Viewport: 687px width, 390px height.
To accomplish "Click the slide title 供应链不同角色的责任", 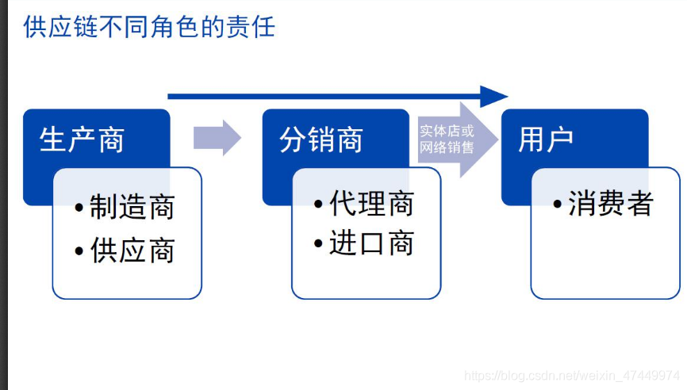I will [149, 27].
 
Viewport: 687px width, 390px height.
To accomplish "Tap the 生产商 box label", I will [82, 140].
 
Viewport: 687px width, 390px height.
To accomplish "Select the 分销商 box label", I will [321, 140].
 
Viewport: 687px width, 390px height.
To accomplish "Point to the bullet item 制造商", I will [132, 208].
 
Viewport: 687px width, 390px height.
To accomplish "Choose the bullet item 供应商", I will [132, 251].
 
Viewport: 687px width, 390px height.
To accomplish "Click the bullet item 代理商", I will [371, 204].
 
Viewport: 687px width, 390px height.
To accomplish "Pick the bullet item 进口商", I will [371, 244].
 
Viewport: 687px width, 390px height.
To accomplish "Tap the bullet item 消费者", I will [610, 204].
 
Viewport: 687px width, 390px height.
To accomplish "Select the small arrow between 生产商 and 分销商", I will [217, 138].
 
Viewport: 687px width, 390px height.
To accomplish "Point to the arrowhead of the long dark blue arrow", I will [494, 97].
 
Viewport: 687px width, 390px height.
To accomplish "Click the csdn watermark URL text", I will [571, 374].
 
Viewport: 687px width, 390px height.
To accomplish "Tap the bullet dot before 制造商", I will [79, 208].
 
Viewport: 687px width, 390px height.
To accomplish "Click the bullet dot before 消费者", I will [558, 205].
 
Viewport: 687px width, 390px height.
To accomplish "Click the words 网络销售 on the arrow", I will [447, 147].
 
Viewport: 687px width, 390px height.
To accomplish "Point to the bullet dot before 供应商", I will [79, 252].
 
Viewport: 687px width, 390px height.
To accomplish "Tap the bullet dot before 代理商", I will [319, 205].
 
